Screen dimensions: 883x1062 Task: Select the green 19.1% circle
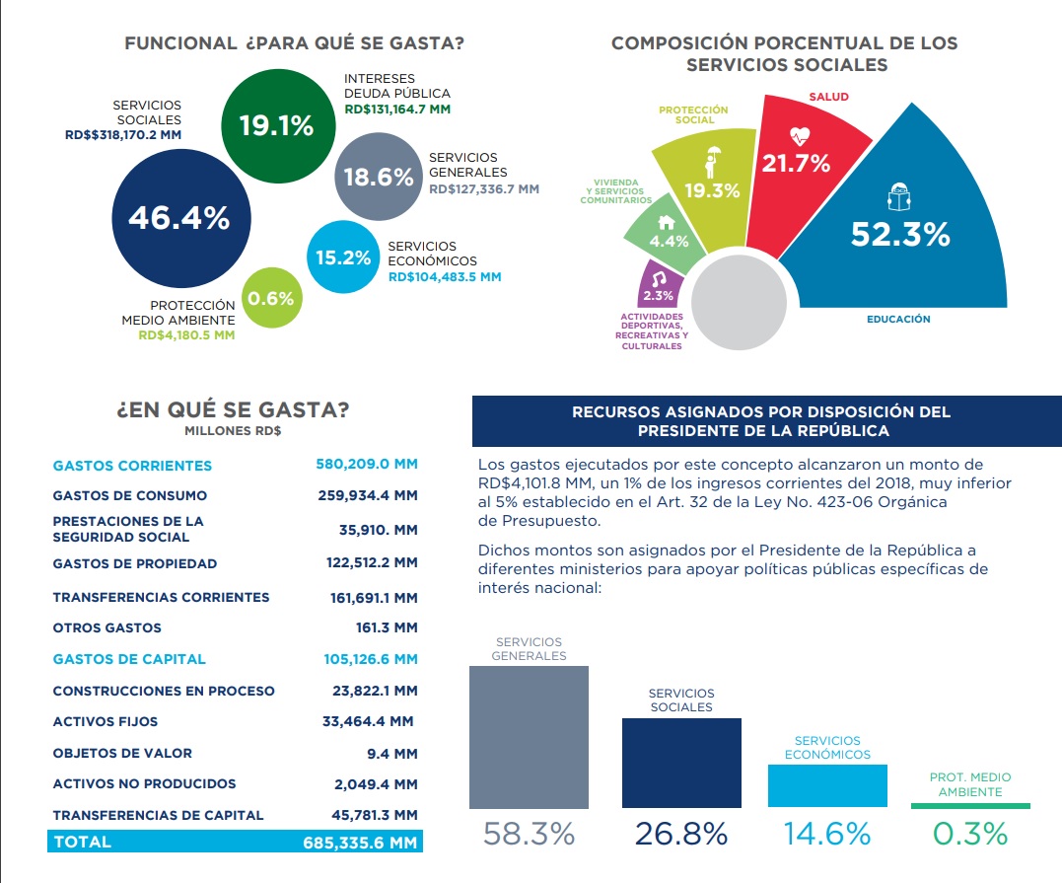276,125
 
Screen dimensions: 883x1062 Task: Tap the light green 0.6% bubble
271,297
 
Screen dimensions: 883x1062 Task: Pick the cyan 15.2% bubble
343,258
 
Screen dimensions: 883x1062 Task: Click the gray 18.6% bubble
379,178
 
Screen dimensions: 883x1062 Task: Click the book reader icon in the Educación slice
897,197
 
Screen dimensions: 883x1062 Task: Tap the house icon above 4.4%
667,222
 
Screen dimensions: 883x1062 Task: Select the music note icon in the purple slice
659,279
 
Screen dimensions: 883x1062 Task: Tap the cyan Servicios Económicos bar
827,786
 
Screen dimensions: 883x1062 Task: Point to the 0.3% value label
970,834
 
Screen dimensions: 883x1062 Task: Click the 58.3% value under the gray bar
529,834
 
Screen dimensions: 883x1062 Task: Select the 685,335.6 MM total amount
361,843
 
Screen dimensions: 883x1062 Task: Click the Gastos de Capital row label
129,659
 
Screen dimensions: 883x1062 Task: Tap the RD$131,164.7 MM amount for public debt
397,110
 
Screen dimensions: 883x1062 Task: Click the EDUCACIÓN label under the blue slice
898,320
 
